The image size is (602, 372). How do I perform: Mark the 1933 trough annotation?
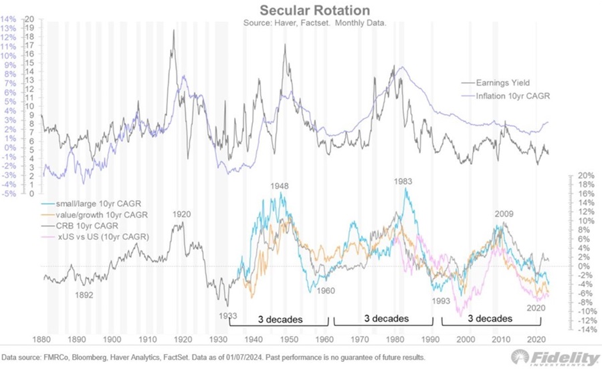[x=227, y=315]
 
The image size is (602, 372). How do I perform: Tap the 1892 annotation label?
[x=84, y=295]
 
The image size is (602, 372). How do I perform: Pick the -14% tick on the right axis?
[x=587, y=329]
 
